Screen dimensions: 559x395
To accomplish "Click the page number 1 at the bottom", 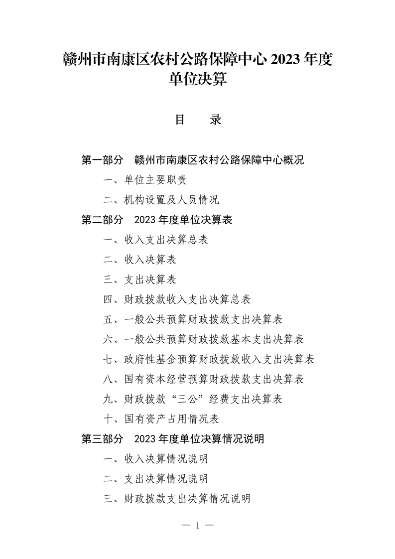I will click(198, 526).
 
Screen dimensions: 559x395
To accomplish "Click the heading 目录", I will click(198, 120).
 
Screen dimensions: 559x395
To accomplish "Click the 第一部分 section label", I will click(102, 160).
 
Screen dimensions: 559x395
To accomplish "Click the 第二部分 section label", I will click(102, 220).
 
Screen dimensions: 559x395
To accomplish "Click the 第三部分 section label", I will click(102, 439).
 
